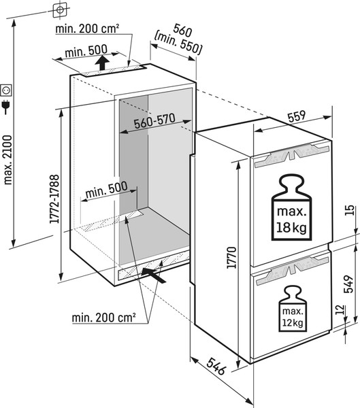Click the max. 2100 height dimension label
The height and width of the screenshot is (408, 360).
coord(7,160)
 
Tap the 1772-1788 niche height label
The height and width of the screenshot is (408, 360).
coord(55,199)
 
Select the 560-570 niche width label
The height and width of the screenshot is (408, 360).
coord(154,121)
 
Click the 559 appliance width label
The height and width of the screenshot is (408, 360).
coord(297,116)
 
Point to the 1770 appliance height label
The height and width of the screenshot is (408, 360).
coord(231,257)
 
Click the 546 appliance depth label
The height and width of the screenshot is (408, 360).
coord(216,366)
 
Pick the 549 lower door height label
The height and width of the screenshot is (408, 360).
coord(348,284)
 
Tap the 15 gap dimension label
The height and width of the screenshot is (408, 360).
coord(350,210)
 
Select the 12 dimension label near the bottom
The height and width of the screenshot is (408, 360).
coord(340,309)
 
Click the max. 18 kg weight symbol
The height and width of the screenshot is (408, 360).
coord(291,207)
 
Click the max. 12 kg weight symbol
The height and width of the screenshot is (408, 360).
coord(293,309)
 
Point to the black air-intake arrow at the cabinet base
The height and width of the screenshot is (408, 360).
coord(154,275)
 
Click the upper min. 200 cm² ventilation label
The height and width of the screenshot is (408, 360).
coord(88,29)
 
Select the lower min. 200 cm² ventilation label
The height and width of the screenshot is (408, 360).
coord(103,318)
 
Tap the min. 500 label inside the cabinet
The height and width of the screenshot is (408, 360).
coord(107,190)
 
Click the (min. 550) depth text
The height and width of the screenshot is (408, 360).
coord(178,43)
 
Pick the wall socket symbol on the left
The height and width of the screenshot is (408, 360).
coord(6,90)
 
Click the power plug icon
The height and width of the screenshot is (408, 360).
coord(5,107)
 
